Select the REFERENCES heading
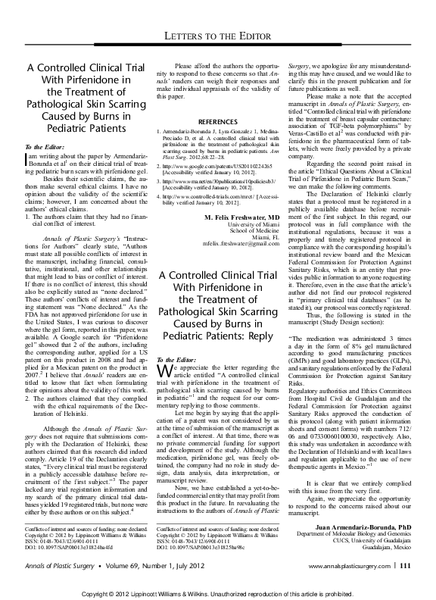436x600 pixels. (x=217, y=121)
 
